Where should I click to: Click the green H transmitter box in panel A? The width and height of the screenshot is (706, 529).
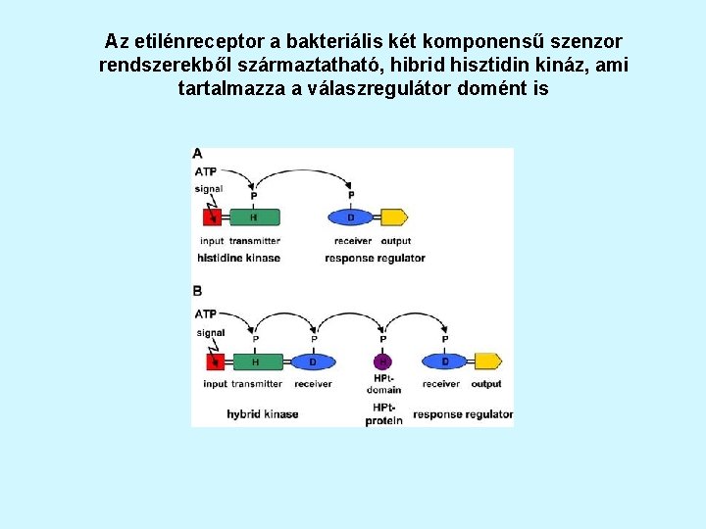click(x=254, y=217)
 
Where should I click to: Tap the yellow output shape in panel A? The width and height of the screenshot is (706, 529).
click(x=393, y=217)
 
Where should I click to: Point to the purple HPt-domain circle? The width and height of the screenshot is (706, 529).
click(x=383, y=361)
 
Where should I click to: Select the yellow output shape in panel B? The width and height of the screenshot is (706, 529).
click(x=487, y=361)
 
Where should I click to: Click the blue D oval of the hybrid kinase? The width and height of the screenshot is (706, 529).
click(x=313, y=361)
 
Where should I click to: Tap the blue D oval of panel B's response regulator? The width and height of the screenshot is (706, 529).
click(x=444, y=361)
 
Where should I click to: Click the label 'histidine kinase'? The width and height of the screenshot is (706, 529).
click(x=238, y=259)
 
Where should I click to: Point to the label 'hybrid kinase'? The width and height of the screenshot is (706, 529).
click(x=262, y=414)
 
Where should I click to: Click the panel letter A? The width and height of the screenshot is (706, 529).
click(x=198, y=154)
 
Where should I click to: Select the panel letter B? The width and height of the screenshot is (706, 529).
click(x=198, y=291)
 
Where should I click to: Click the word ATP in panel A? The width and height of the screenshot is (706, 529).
click(x=206, y=172)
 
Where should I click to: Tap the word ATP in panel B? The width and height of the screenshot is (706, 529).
click(x=206, y=314)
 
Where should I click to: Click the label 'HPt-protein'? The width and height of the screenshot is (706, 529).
click(x=383, y=413)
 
